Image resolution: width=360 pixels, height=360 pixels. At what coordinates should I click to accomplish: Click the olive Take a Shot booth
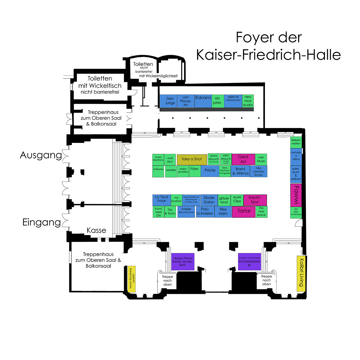pyautogui.click(x=192, y=159)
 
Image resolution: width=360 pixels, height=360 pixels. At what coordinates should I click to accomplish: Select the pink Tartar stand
pyautogui.click(x=244, y=211)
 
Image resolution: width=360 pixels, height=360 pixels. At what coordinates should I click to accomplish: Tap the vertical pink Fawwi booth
pyautogui.click(x=296, y=195)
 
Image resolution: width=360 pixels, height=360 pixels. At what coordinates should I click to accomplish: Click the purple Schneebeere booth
pyautogui.click(x=249, y=262)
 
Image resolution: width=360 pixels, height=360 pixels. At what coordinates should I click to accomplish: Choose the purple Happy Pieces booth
pyautogui.click(x=183, y=262)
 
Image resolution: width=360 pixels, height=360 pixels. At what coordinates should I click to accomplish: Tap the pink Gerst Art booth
pyautogui.click(x=243, y=159)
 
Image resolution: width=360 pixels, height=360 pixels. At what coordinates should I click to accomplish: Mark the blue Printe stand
pyautogui.click(x=210, y=171)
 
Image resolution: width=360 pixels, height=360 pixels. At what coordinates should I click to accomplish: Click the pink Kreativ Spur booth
pyautogui.click(x=255, y=200)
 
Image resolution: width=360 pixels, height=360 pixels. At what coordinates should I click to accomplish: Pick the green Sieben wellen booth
pyautogui.click(x=296, y=142)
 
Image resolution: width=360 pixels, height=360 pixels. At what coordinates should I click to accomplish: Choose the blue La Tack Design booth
pyautogui.click(x=162, y=199)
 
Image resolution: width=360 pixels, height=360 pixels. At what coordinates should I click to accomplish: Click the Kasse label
pyautogui.click(x=96, y=230)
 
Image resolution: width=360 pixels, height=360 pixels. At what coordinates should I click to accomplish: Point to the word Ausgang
pyautogui.click(x=41, y=155)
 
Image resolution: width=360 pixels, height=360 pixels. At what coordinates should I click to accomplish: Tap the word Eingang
pyautogui.click(x=42, y=222)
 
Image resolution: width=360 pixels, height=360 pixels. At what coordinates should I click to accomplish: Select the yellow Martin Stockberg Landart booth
pyautogui.click(x=132, y=279)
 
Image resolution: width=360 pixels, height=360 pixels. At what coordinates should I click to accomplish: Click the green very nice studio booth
pyautogui.click(x=248, y=101)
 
